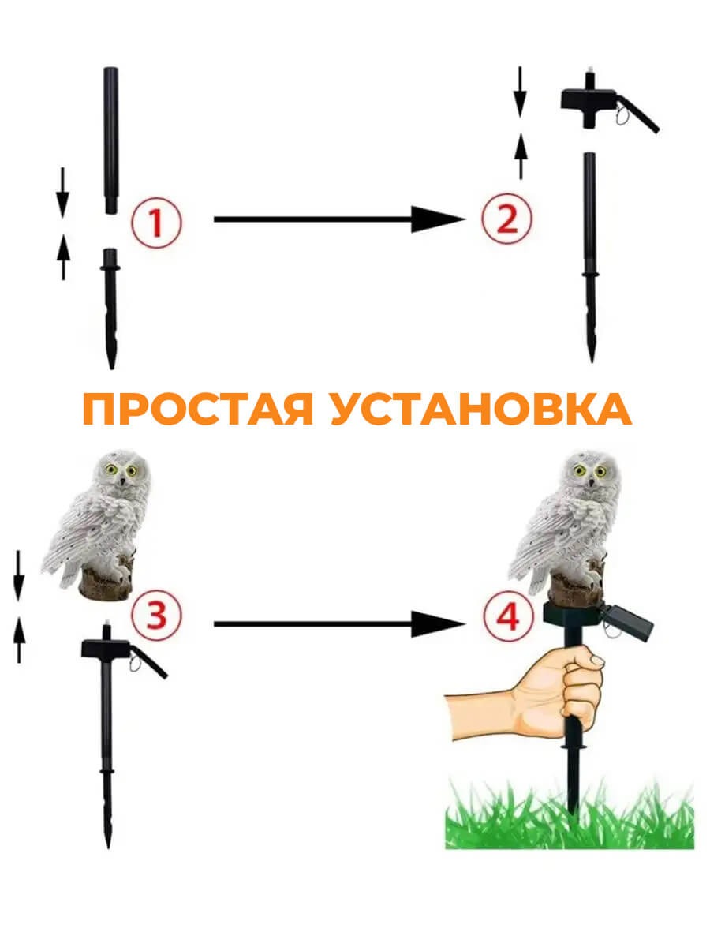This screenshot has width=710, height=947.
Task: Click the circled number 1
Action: coord(156,221)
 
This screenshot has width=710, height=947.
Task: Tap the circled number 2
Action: coord(506,217)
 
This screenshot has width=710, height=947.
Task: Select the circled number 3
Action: coord(157,616)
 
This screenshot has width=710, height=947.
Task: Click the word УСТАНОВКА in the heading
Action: coord(481,410)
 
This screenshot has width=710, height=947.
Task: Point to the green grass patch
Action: coord(568,817)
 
